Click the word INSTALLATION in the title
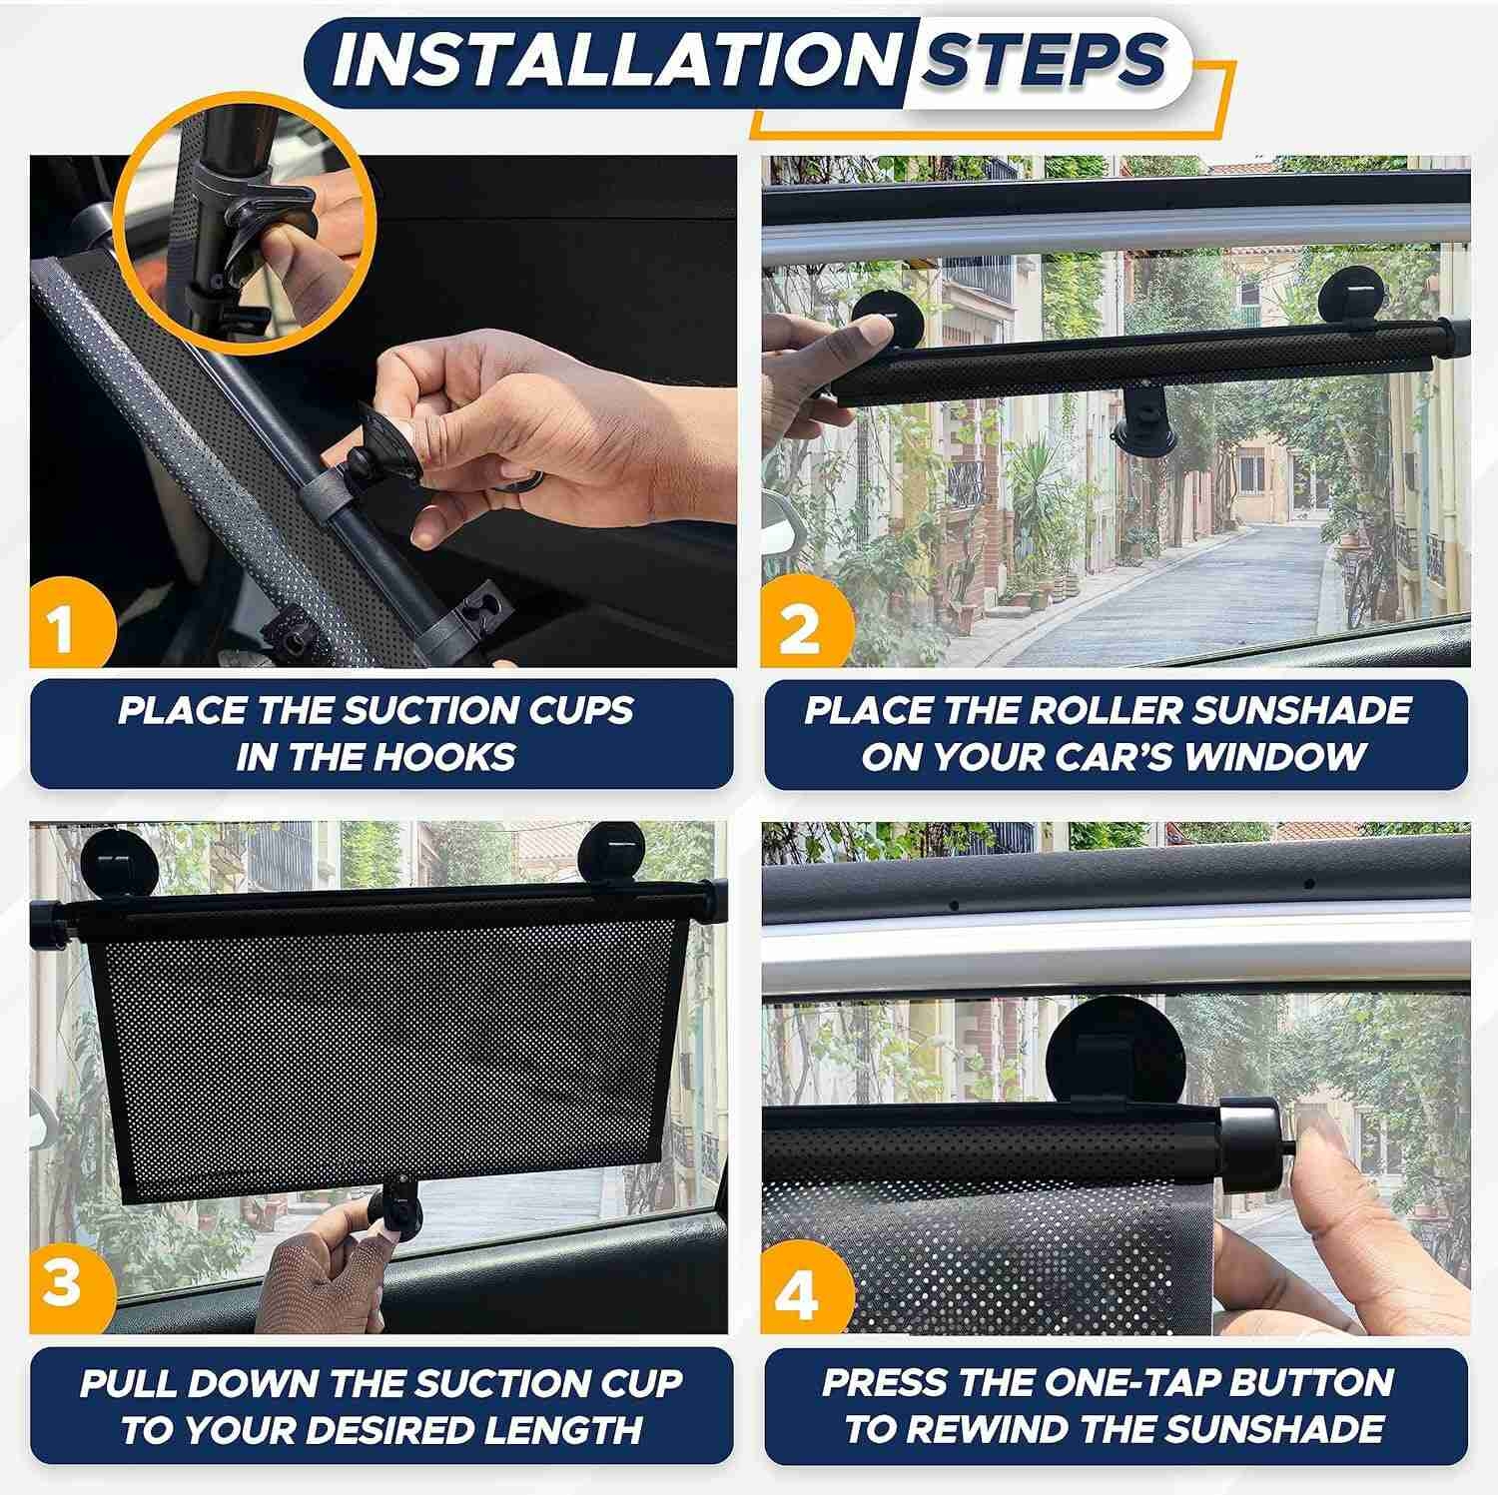[615, 61]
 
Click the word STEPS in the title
[1043, 61]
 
